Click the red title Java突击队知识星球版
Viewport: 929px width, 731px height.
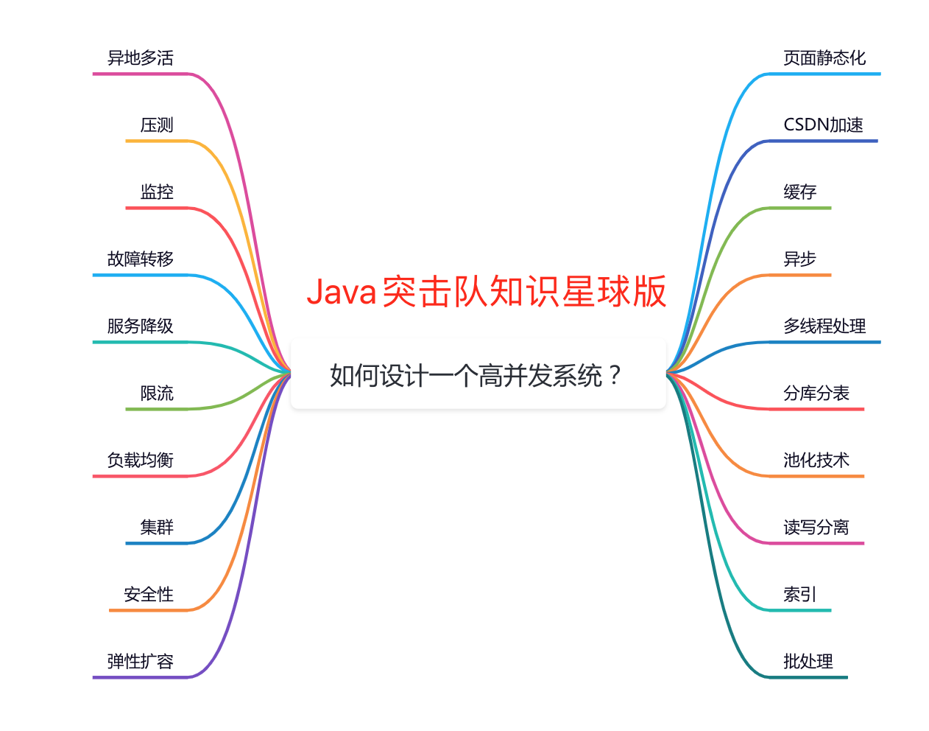point(486,292)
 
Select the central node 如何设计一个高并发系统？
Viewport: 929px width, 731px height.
point(478,374)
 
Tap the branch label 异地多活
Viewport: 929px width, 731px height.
point(140,57)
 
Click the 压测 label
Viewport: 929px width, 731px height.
point(157,125)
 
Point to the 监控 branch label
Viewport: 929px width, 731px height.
point(157,192)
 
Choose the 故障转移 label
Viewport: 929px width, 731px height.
point(140,259)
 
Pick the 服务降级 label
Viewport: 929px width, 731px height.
point(140,326)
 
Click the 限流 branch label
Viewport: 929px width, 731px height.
point(157,393)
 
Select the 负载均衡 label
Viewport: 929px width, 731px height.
point(140,460)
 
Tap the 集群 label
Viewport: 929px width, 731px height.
point(157,527)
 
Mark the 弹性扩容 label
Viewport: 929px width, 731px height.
point(140,661)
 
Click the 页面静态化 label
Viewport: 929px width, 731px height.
point(824,57)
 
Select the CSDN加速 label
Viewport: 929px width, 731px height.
point(823,125)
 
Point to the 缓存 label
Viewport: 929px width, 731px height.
point(799,192)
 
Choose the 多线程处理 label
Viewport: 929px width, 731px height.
point(824,326)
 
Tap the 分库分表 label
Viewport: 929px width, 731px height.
point(816,393)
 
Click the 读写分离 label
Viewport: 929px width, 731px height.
point(816,527)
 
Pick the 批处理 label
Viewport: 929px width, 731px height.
point(808,661)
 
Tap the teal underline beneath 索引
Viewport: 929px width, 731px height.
point(800,610)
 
